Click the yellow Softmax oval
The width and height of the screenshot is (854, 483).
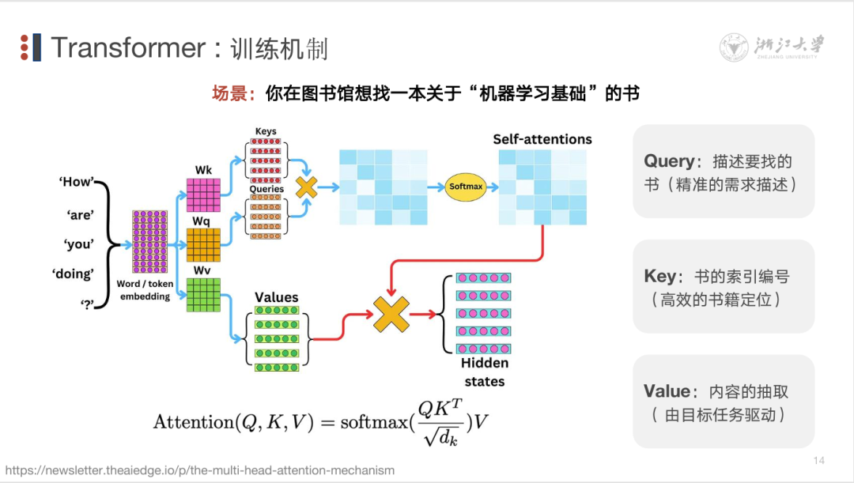click(x=464, y=187)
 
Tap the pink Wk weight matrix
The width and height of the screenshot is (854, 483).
click(x=203, y=194)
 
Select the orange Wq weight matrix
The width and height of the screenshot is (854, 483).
click(x=203, y=244)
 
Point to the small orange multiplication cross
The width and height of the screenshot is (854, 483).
click(x=306, y=187)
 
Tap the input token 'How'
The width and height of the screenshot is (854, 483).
click(x=76, y=182)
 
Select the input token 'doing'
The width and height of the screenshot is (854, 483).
click(x=73, y=274)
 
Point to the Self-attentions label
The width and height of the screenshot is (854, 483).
click(x=542, y=139)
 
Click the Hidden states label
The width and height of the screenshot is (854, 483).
click(x=484, y=372)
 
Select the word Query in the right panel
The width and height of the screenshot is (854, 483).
click(x=669, y=161)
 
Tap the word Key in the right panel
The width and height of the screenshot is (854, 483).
click(x=660, y=277)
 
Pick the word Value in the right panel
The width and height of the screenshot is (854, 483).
click(x=667, y=391)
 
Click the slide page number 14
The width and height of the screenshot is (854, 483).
click(x=819, y=461)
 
